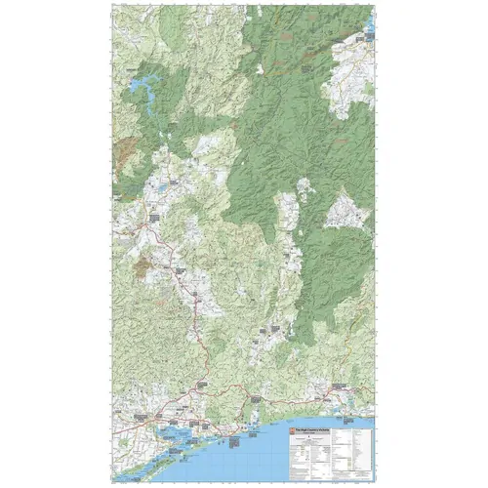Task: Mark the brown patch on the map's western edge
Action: [124, 149]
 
